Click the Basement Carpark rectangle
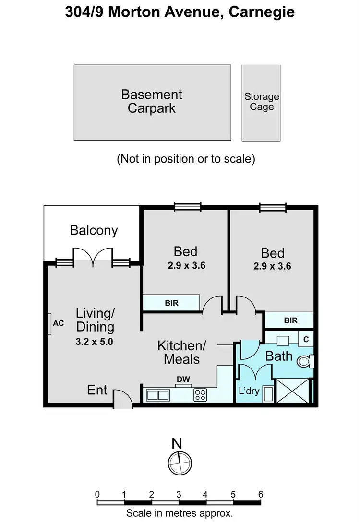coord(152,102)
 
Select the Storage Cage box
coord(261,103)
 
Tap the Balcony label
coord(94,230)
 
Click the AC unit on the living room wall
coord(51,324)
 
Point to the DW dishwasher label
coord(183,380)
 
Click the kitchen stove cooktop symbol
coord(200,395)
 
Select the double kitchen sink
coord(158,395)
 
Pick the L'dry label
coord(249,391)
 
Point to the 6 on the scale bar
coord(260,494)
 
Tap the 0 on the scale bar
coord(97,494)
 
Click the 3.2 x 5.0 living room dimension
coord(95,342)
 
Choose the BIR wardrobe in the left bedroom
coord(171,303)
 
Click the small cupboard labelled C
coord(306,338)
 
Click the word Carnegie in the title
coord(262,12)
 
